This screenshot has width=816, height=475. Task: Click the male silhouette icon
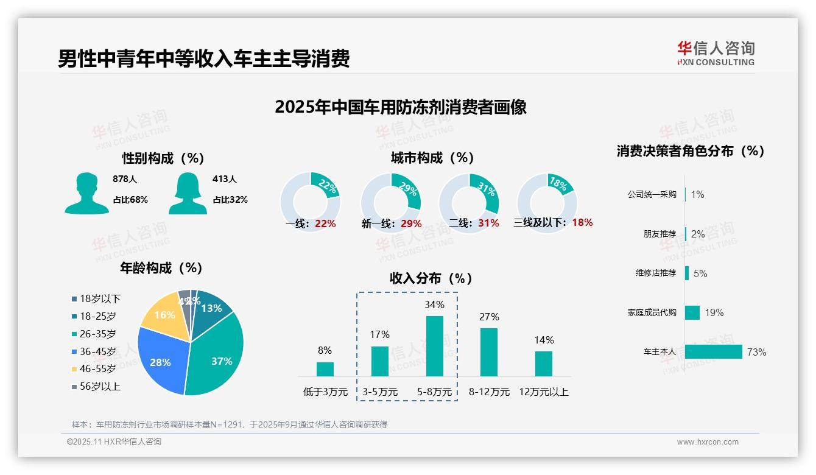(x=86, y=193)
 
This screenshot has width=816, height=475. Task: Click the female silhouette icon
(x=188, y=193)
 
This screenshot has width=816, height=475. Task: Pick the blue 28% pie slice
(x=160, y=362)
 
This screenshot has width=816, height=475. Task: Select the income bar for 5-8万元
(x=434, y=346)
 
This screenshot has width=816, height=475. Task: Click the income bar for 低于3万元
(x=325, y=369)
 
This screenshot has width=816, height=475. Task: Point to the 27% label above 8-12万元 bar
(x=489, y=317)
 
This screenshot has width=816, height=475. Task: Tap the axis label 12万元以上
(x=543, y=392)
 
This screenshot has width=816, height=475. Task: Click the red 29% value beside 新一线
(x=411, y=223)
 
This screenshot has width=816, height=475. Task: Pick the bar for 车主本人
(x=713, y=351)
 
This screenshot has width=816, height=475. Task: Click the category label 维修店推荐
(x=655, y=273)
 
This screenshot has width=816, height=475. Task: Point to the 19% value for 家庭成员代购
(x=714, y=312)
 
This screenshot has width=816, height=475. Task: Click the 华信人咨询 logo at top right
(x=716, y=53)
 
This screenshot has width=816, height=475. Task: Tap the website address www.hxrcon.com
(x=707, y=442)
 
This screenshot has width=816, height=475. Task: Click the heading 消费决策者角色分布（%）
(x=690, y=151)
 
